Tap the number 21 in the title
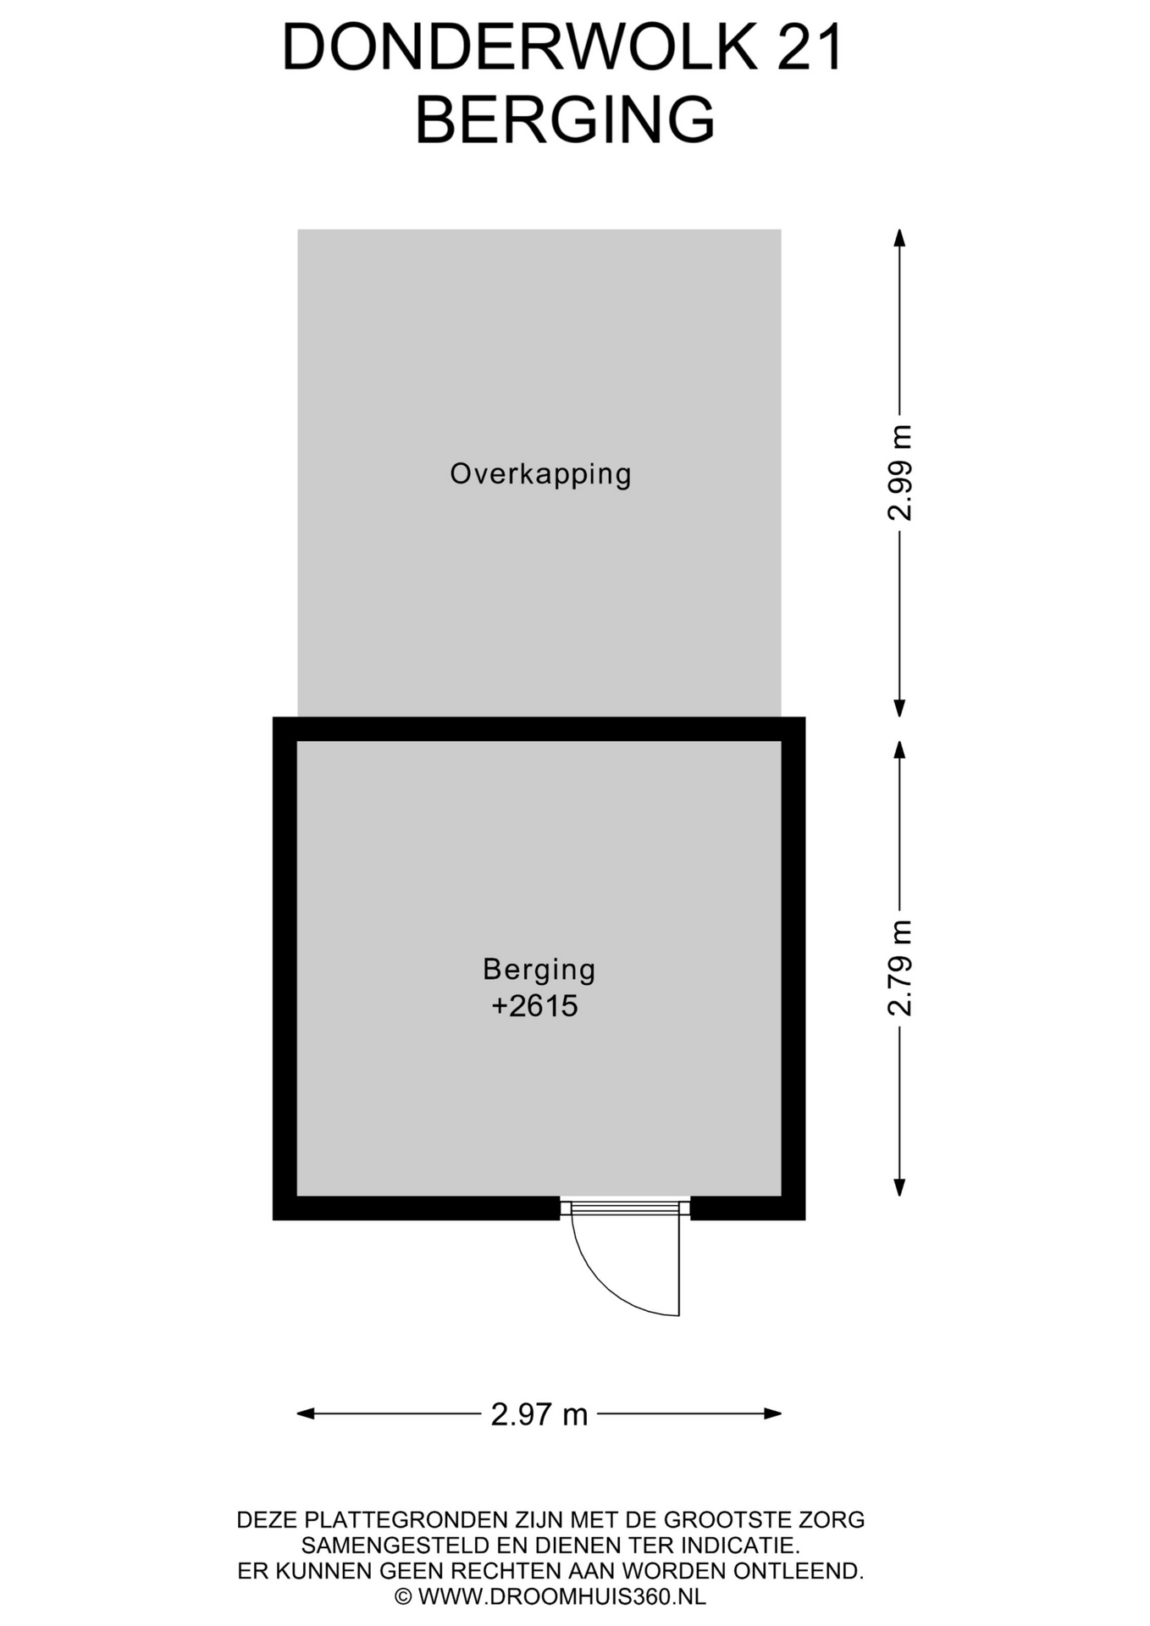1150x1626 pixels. click(810, 48)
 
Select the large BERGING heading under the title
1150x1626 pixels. click(565, 120)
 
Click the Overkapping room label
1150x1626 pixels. click(540, 474)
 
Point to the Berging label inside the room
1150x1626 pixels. click(539, 970)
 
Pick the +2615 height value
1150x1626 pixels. click(534, 1006)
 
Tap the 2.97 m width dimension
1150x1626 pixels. click(539, 1414)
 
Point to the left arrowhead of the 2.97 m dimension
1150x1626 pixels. click(306, 1413)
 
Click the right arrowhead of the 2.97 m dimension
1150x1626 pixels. click(772, 1413)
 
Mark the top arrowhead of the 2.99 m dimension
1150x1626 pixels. click(900, 238)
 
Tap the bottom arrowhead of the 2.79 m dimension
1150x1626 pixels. click(900, 1187)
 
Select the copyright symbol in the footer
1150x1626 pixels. click(403, 1597)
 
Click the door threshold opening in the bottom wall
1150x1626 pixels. click(625, 1208)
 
